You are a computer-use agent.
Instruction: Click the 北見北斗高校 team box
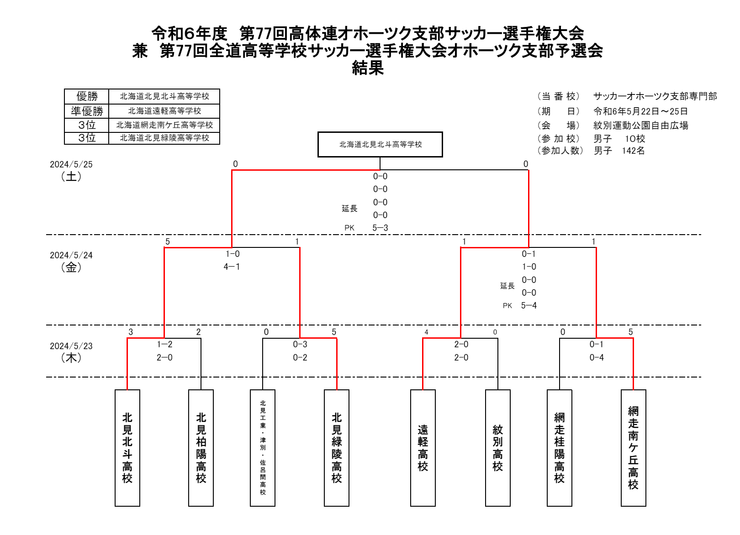[x=127, y=448]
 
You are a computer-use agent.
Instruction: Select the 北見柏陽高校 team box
[x=201, y=448]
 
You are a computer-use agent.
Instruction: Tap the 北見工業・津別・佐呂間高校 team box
[x=263, y=448]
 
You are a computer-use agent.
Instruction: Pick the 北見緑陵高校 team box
[x=337, y=448]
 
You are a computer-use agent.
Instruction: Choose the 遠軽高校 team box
[x=423, y=448]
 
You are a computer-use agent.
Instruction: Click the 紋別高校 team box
[x=498, y=448]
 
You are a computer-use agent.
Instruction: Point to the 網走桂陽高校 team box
[x=559, y=448]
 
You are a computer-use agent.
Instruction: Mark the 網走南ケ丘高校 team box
[x=633, y=448]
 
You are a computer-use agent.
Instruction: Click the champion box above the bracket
[x=380, y=145]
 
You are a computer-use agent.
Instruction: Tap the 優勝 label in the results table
[x=87, y=96]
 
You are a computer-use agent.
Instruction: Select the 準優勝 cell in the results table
[x=87, y=111]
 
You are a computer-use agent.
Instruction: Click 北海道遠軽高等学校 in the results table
[x=164, y=111]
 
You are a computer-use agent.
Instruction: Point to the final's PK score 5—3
[x=380, y=228]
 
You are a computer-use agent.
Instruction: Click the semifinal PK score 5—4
[x=529, y=306]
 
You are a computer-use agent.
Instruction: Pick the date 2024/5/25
[x=71, y=164]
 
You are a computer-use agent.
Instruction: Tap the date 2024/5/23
[x=71, y=346]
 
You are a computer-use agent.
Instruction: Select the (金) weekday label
[x=71, y=267]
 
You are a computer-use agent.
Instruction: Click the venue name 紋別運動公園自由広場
[x=641, y=126]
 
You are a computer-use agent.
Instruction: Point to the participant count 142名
[x=633, y=151]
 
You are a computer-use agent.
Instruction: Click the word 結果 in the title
[x=368, y=68]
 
